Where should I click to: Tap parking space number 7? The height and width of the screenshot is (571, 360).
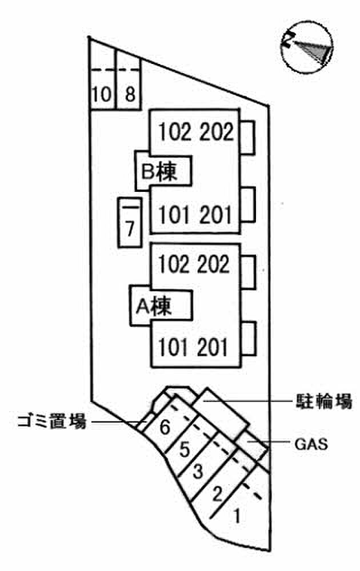(130, 229)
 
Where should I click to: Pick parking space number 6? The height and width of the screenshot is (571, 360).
(165, 427)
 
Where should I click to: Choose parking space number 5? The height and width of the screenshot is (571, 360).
(184, 449)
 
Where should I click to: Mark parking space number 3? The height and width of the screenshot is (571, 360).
(198, 472)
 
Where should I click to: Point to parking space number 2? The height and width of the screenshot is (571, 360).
(217, 492)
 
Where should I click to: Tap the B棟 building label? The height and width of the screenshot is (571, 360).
(162, 171)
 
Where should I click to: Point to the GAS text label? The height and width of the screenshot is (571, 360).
(311, 444)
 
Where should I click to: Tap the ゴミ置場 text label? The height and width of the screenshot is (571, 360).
(51, 423)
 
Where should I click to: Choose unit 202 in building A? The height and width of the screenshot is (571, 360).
(215, 264)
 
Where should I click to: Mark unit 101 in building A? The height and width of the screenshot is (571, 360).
(174, 347)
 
